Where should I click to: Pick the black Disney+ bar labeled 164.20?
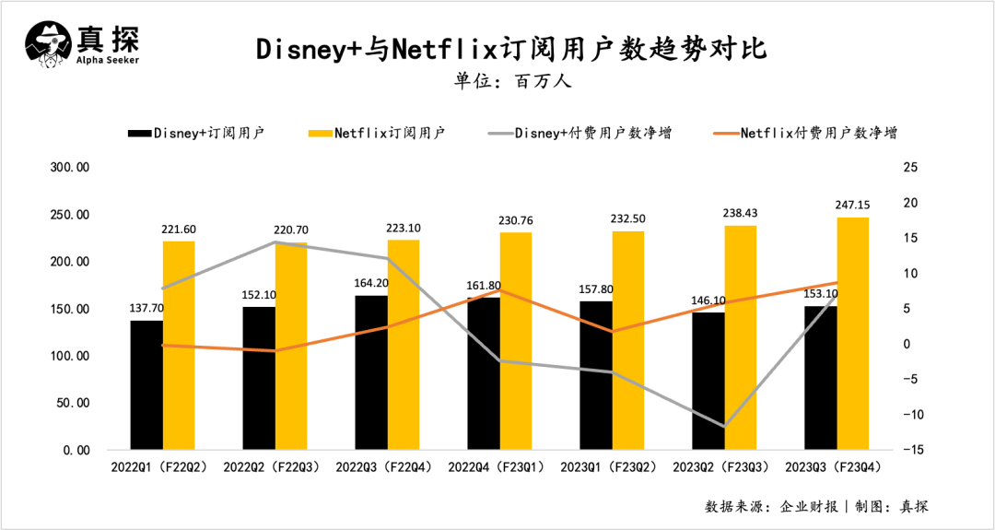(371, 372)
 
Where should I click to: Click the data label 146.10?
(708, 300)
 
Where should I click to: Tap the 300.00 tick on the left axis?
(69, 168)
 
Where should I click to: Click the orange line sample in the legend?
(725, 134)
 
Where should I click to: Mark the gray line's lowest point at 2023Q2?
(723, 427)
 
